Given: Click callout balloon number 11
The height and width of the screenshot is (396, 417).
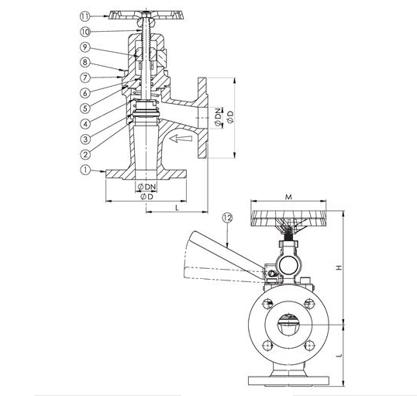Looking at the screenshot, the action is click(x=84, y=16).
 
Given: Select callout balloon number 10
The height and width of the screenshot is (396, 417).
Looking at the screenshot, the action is click(x=85, y=32).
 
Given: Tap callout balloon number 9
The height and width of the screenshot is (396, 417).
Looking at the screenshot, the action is click(x=84, y=47).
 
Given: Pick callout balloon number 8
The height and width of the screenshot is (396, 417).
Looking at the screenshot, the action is click(x=84, y=62).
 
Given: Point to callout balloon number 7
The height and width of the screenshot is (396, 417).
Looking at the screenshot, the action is click(x=84, y=77).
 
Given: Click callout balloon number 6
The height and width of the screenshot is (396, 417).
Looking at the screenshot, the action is click(x=85, y=93).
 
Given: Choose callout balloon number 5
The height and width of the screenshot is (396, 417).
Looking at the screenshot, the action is click(x=85, y=108).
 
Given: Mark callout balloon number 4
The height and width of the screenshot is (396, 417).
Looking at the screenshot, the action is click(x=85, y=124).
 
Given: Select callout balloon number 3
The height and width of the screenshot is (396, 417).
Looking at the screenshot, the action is click(x=85, y=139).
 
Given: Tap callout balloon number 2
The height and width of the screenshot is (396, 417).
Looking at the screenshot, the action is click(x=85, y=154).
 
